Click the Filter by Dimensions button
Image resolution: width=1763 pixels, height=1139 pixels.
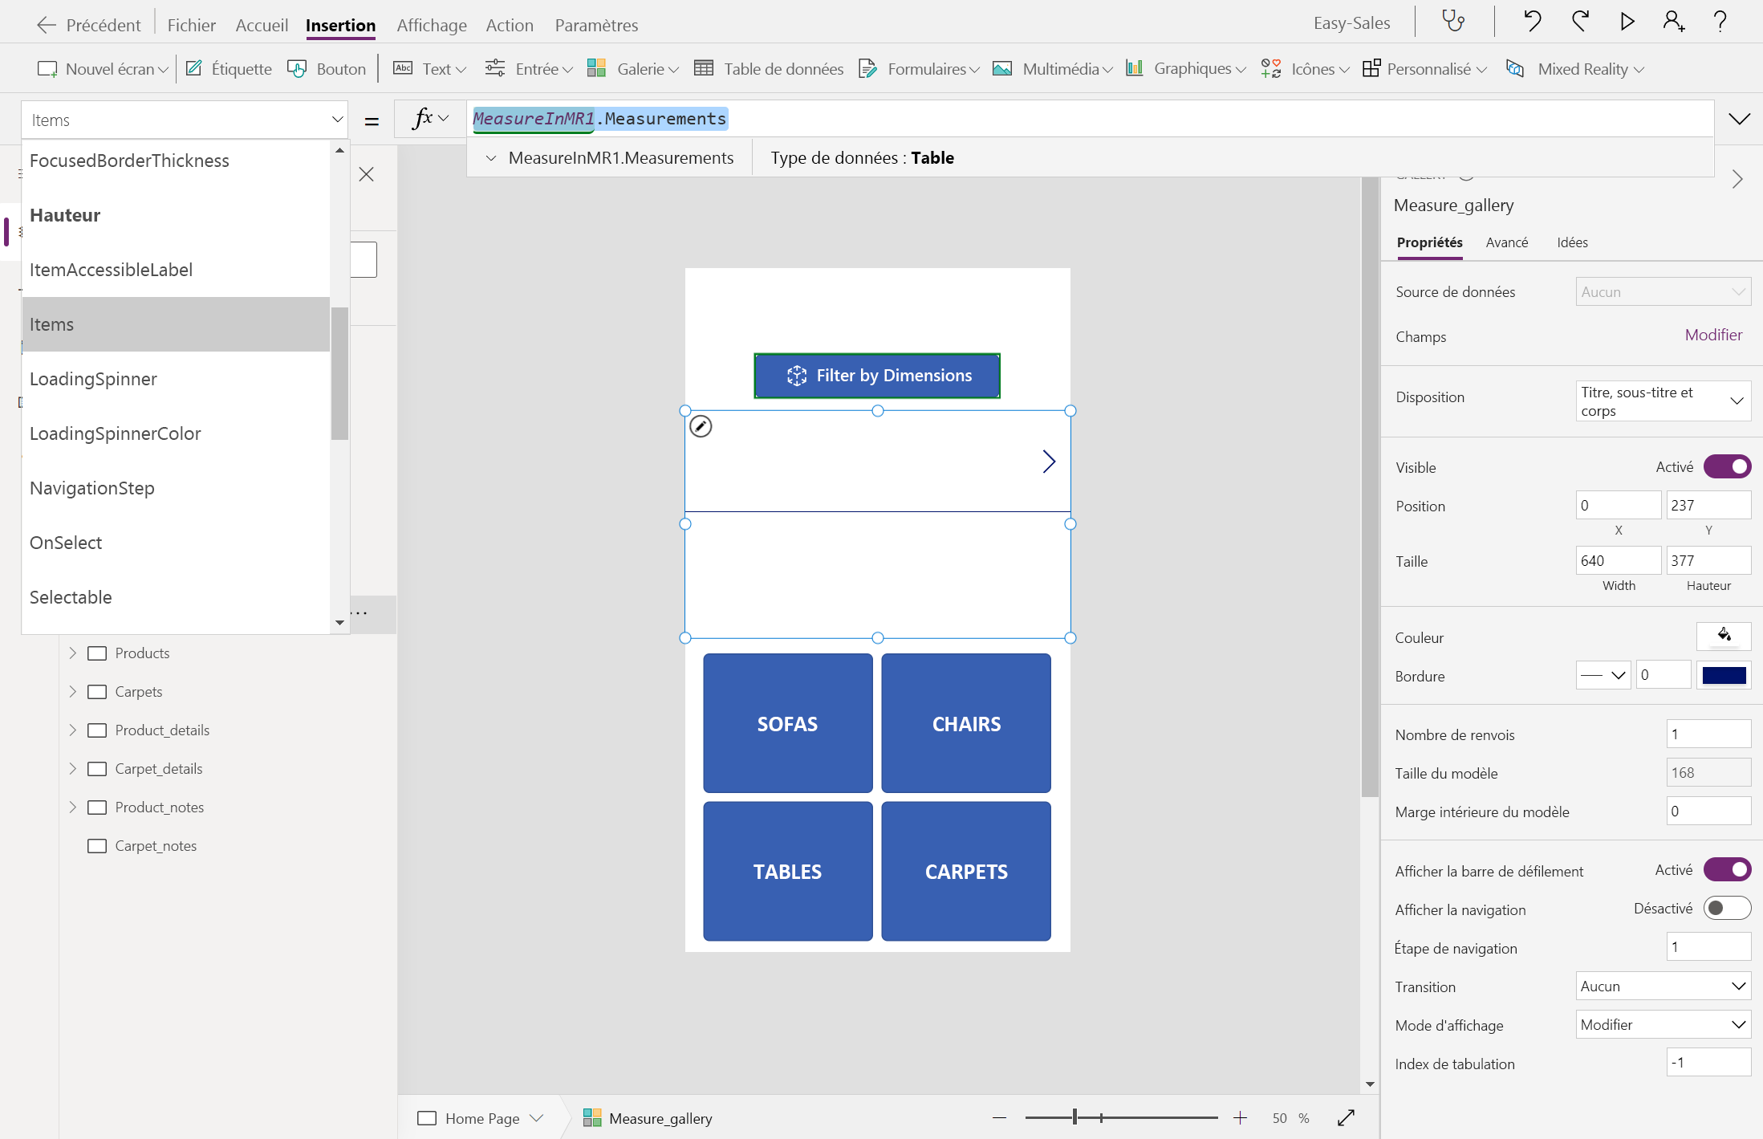[x=877, y=376]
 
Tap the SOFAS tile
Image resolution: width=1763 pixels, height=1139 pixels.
[x=787, y=723]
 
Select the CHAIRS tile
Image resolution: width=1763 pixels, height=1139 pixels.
[x=966, y=723]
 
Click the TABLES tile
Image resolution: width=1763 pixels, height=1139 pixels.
[x=787, y=871]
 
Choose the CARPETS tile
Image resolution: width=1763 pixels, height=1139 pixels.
[x=966, y=871]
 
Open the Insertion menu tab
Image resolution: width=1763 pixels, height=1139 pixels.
[x=340, y=25]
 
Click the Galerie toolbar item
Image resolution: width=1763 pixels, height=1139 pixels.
[x=632, y=69]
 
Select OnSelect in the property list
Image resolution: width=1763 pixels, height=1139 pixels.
[x=66, y=543]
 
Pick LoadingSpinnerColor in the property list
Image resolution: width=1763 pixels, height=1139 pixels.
[x=116, y=433]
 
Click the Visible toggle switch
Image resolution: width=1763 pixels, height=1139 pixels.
[x=1727, y=466]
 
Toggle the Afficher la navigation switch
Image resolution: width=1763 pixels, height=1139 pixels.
[x=1727, y=908]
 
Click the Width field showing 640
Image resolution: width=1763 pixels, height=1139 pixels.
[x=1618, y=560]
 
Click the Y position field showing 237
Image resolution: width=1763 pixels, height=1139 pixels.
[x=1708, y=505]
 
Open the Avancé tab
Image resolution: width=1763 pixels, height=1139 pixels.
[x=1506, y=242]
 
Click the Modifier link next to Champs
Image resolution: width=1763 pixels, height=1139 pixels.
[x=1713, y=335]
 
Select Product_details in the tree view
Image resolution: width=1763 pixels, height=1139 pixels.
[x=162, y=730]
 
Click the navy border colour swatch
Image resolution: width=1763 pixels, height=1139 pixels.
[x=1724, y=675]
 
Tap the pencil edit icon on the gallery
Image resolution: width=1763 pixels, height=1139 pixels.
[x=701, y=426]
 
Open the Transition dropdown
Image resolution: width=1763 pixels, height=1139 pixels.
[x=1663, y=986]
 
